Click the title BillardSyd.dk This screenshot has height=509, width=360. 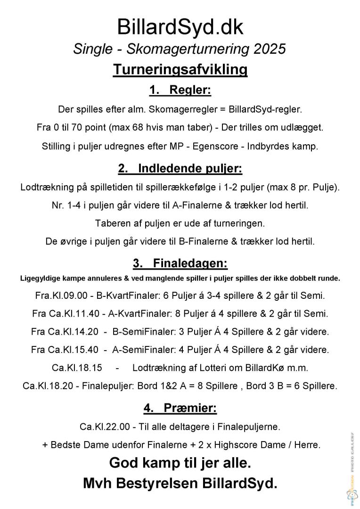click(180, 27)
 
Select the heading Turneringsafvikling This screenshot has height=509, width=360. click(180, 70)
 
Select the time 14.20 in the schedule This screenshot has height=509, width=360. click(87, 331)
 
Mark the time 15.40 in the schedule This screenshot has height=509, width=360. click(87, 350)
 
